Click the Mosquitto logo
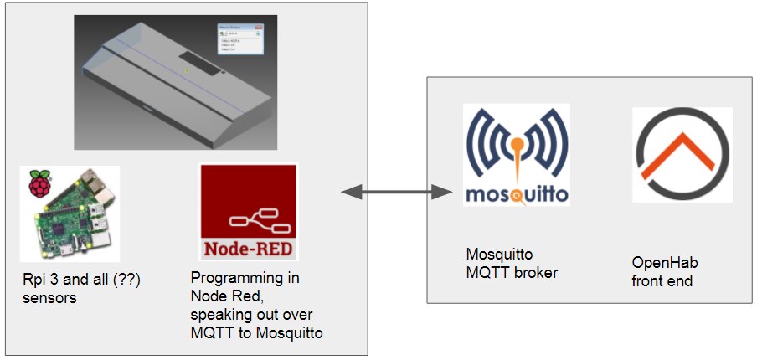coord(516,155)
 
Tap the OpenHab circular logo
coord(682,154)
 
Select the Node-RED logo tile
coord(249,212)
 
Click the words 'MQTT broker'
coord(512,272)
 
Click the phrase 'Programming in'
coord(245,278)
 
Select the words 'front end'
coord(662,281)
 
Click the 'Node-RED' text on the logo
coord(249,249)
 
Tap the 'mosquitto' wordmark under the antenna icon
coord(516,194)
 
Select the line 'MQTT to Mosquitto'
coord(257,332)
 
